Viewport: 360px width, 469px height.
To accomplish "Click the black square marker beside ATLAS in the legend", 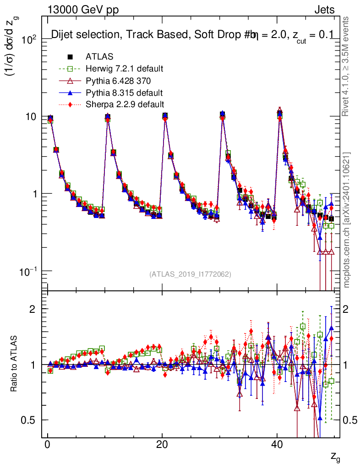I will coord(70,57).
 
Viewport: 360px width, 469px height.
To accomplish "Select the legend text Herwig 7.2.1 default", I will coord(125,69).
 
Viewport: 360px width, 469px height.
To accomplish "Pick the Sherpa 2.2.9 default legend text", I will coord(125,104).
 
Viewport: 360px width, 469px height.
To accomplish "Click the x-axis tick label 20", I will coord(162,446).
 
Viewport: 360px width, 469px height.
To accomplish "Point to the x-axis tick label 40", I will coord(276,446).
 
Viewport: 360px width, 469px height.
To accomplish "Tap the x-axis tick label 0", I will coord(47,446).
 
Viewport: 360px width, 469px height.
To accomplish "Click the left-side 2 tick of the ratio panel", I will coord(33,309).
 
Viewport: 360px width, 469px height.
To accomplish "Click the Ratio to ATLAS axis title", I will coord(14,365).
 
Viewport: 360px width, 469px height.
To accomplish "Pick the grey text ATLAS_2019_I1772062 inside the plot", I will coord(190,274).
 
